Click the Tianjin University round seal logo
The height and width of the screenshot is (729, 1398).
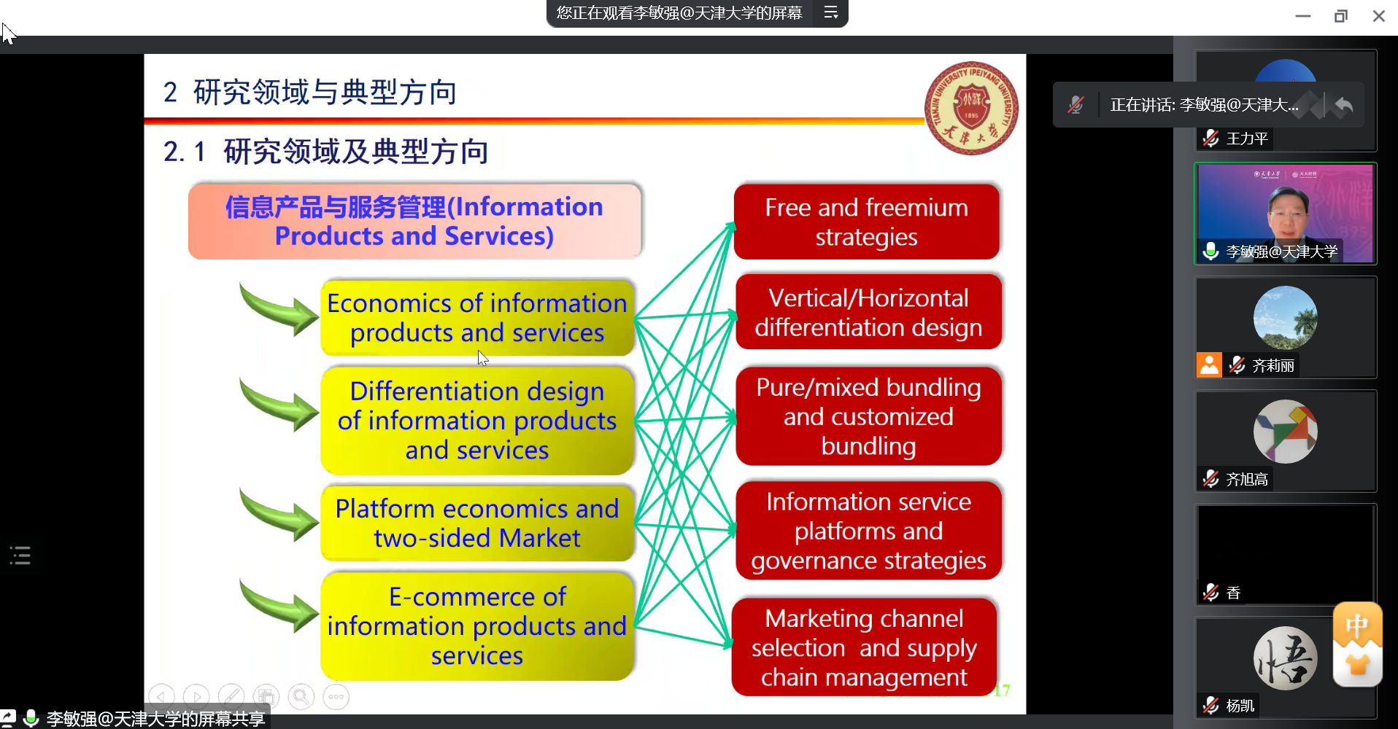[971, 108]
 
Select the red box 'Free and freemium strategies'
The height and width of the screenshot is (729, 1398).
[866, 222]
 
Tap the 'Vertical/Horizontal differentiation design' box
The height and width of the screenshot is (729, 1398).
[868, 312]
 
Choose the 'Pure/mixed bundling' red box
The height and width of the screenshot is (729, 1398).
[868, 416]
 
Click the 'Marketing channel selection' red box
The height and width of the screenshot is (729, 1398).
[865, 647]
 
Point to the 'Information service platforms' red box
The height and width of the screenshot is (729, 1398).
[868, 531]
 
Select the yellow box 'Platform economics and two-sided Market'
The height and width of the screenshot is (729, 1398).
[477, 523]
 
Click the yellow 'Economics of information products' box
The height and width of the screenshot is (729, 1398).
[477, 318]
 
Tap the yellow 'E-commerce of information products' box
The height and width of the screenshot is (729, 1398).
[477, 626]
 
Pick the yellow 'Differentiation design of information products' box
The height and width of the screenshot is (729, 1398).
[477, 421]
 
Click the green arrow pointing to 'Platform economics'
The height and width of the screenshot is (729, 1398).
[279, 516]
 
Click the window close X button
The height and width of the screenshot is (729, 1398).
[1378, 16]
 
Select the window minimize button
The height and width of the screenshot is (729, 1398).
[1303, 16]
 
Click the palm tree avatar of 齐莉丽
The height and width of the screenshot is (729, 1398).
[1285, 318]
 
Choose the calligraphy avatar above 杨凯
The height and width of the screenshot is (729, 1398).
[1285, 658]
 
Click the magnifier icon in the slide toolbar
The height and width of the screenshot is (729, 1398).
[301, 697]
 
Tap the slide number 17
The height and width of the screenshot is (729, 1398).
[1002, 690]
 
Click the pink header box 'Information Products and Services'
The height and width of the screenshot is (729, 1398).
[414, 222]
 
